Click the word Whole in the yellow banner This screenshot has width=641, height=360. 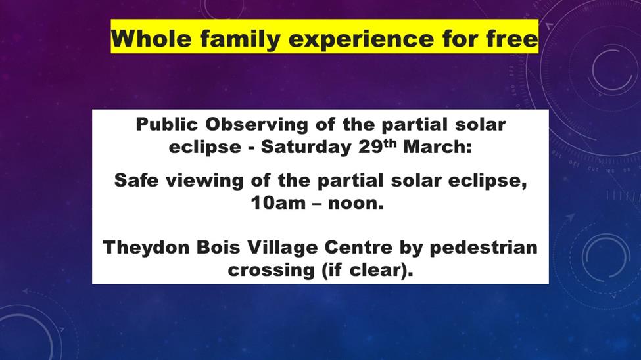tap(151, 39)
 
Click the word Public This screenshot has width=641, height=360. tap(166, 124)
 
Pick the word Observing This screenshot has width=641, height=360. tap(256, 125)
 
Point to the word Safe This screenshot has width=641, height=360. tap(136, 180)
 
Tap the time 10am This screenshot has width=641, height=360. tap(278, 203)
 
